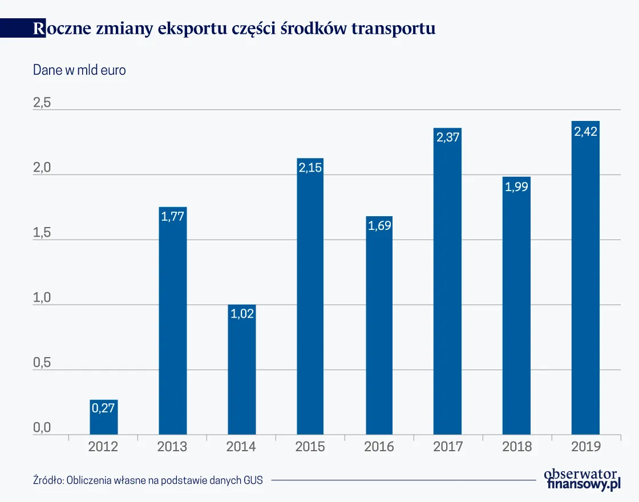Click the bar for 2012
pos(104,417)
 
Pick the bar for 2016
pos(379,325)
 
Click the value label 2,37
pos(448,137)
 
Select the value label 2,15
pos(310,168)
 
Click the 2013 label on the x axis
pos(172,447)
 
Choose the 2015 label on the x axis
pos(310,447)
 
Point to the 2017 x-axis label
pos(448,447)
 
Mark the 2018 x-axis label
pos(517,447)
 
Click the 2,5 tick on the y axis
pos(42,103)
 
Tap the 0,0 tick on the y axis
pos(42,428)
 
